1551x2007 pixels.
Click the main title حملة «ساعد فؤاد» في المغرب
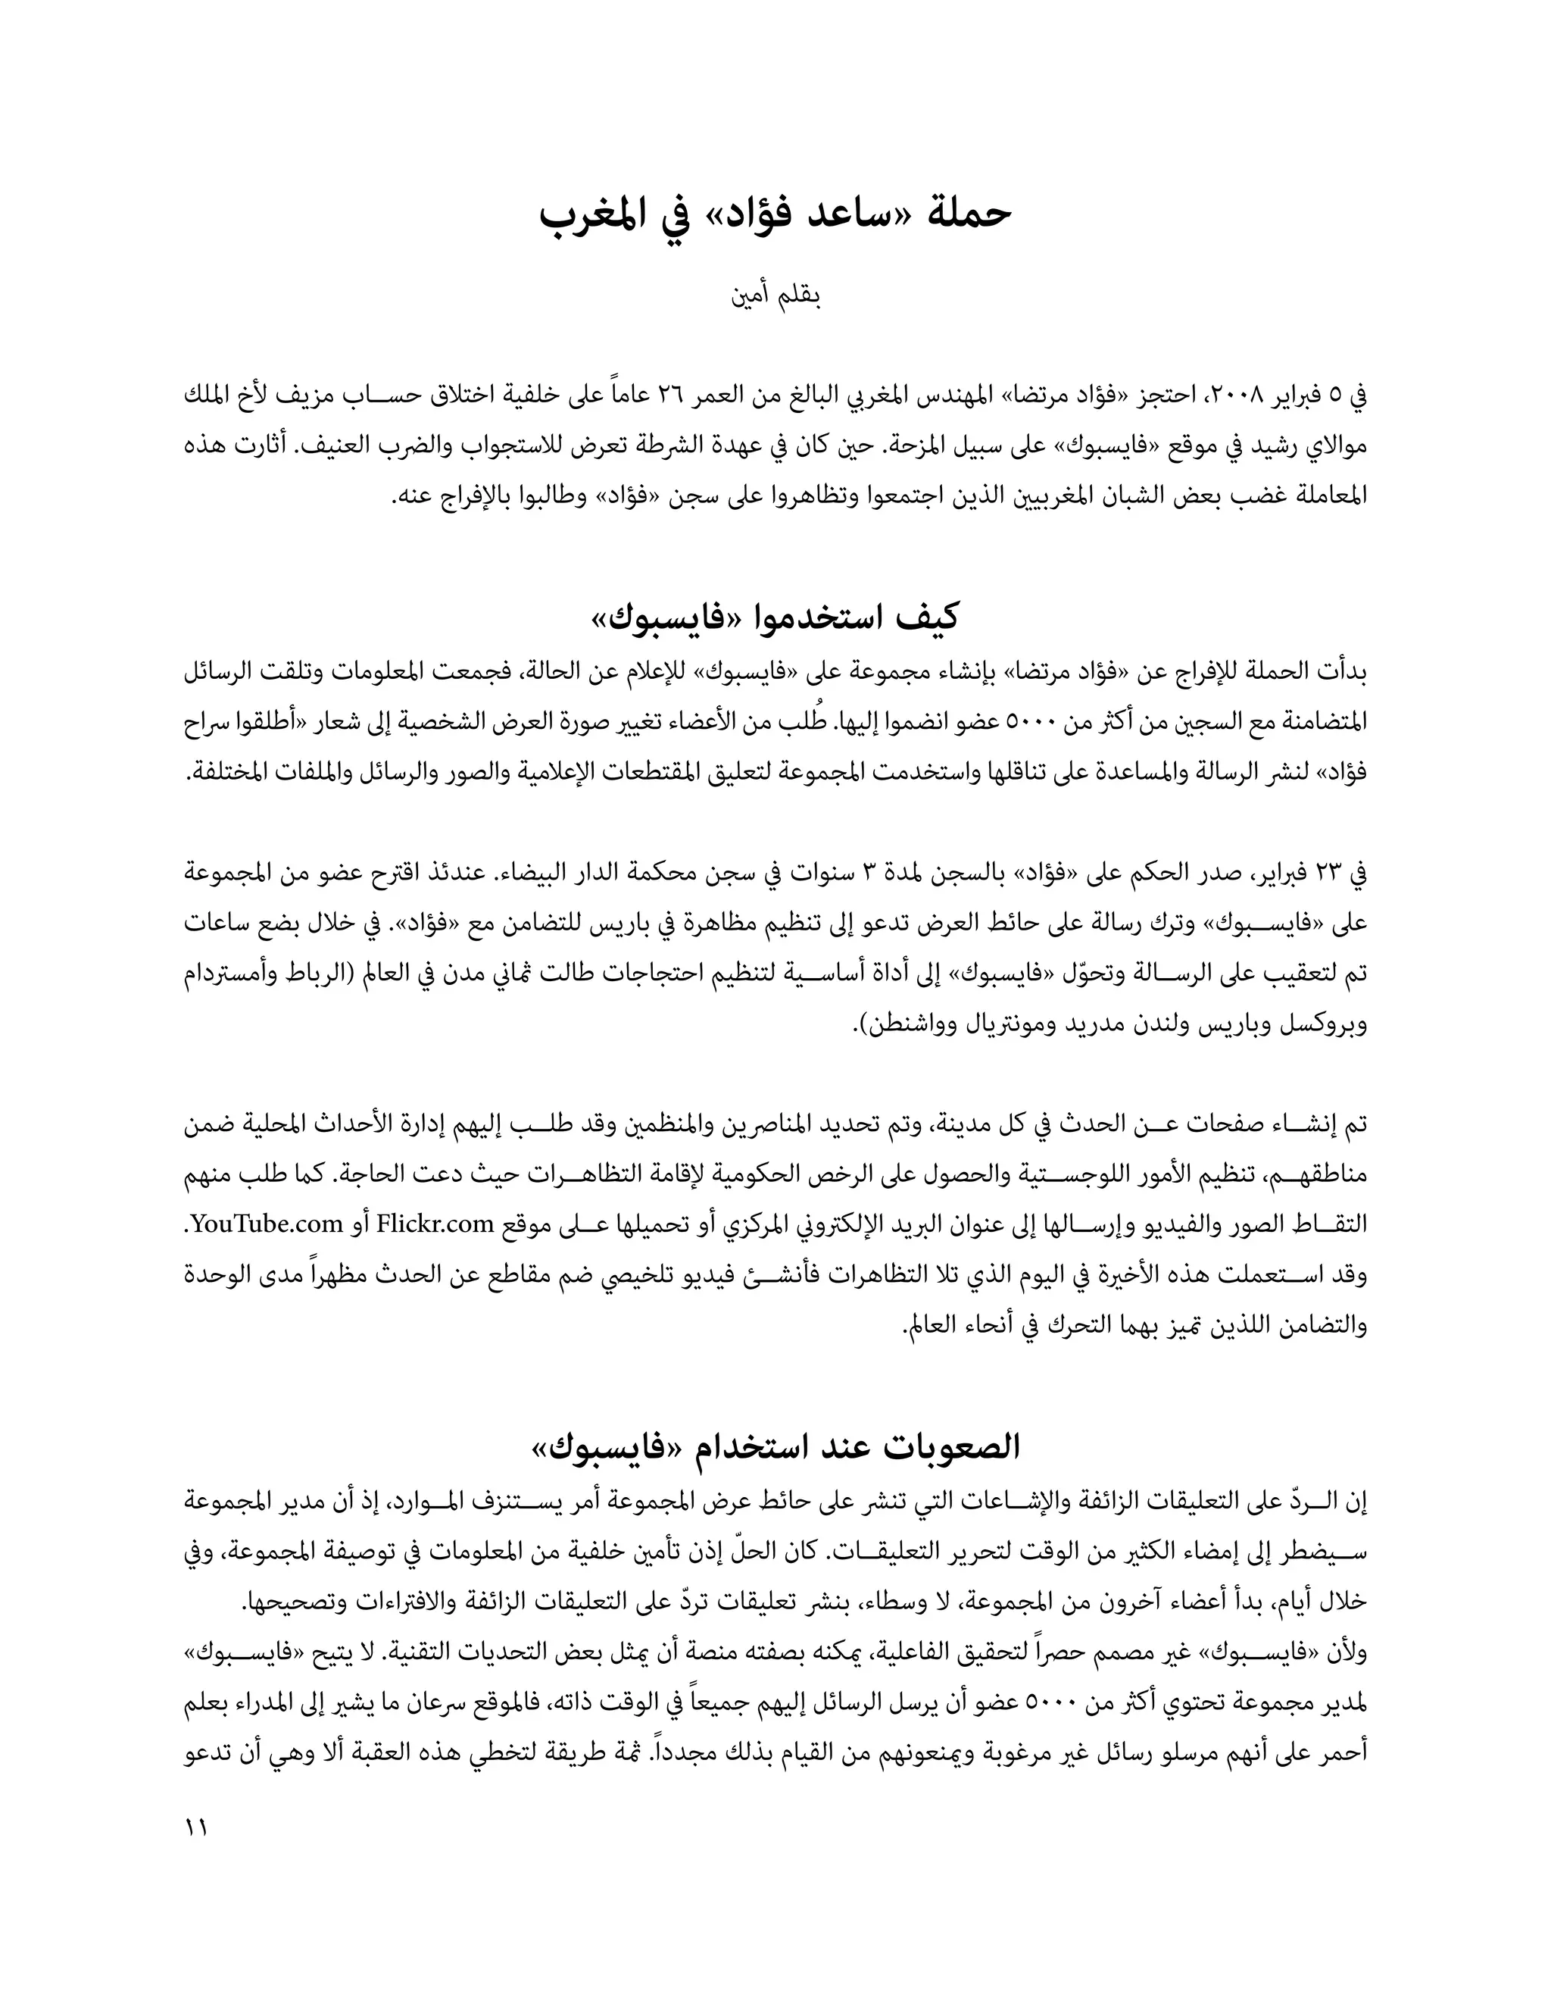pos(775,214)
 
